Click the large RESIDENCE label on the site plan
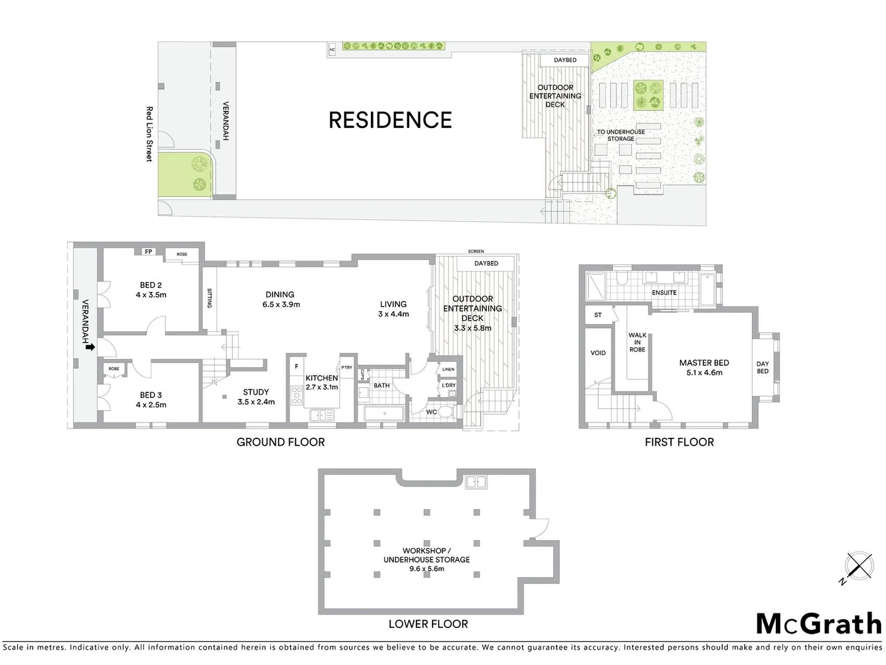pos(390,120)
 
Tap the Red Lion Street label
pos(149,134)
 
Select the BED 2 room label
pos(151,285)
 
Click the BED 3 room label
pos(151,395)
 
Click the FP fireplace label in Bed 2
pos(148,252)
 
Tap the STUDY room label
pos(256,392)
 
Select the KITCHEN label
pos(322,378)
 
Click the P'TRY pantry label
pos(347,368)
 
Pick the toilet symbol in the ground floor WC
pos(446,411)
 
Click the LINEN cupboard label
pos(449,369)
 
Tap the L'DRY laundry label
pos(449,385)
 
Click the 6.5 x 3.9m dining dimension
pos(281,305)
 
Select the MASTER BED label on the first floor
pos(704,363)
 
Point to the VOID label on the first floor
pos(598,353)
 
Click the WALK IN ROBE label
pos(637,342)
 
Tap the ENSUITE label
pos(664,293)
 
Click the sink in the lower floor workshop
pos(476,482)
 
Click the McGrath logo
pos(818,624)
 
